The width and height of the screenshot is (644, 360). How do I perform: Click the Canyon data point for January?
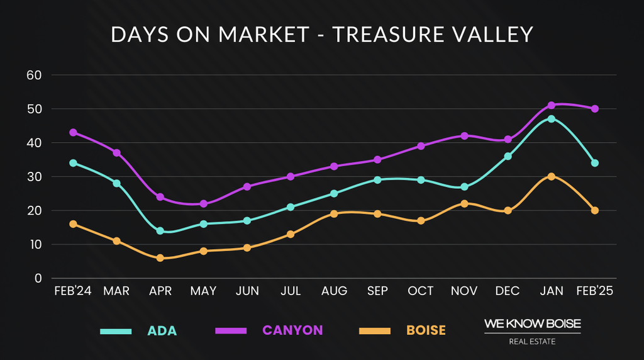click(x=552, y=105)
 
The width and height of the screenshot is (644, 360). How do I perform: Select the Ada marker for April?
click(x=160, y=231)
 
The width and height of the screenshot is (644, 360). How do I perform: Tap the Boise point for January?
click(x=552, y=176)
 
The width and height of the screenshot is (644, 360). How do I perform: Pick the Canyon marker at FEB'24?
click(x=73, y=133)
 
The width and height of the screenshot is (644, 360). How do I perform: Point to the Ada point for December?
click(x=508, y=156)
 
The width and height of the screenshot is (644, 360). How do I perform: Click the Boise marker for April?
click(x=160, y=258)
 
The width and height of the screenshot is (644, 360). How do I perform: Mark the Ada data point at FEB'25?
click(x=595, y=163)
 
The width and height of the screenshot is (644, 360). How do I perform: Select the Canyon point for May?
click(x=204, y=204)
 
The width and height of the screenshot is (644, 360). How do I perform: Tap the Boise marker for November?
click(x=465, y=203)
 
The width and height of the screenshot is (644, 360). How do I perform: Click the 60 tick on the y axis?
click(x=33, y=75)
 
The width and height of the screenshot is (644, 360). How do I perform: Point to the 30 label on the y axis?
click(x=33, y=177)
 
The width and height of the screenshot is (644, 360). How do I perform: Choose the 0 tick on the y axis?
click(x=38, y=278)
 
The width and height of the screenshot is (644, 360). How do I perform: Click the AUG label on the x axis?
click(x=334, y=291)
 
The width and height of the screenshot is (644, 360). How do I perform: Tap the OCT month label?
click(x=421, y=291)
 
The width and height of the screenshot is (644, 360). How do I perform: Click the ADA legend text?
click(x=162, y=330)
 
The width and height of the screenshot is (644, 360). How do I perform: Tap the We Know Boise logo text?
click(x=532, y=323)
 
